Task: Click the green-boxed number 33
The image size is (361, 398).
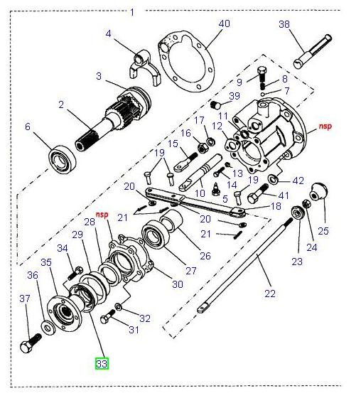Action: pyautogui.click(x=102, y=363)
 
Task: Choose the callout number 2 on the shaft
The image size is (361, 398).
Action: pyautogui.click(x=62, y=105)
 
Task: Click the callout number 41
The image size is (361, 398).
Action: pyautogui.click(x=284, y=195)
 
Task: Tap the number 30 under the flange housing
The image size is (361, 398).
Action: pyautogui.click(x=177, y=284)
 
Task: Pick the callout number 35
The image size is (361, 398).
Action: pyautogui.click(x=45, y=262)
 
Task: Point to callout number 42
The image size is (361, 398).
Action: pyautogui.click(x=298, y=181)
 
